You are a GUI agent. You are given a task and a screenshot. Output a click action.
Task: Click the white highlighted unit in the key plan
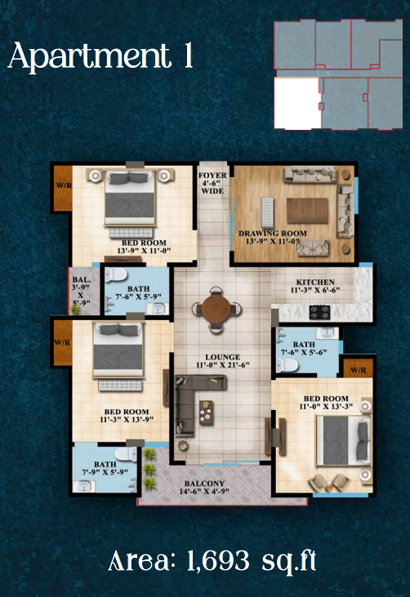296,103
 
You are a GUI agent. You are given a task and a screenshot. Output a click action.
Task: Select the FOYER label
212,181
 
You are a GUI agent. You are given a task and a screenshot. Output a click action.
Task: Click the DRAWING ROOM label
272,238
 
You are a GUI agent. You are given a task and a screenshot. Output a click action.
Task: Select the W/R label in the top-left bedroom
63,185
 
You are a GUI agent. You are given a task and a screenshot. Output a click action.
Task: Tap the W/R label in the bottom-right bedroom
358,371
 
